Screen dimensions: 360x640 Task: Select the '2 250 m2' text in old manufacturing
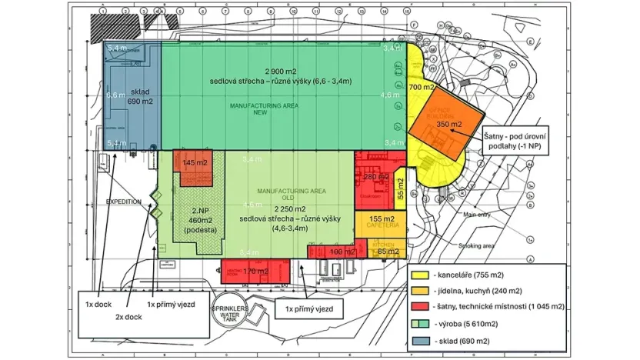click(x=276, y=208)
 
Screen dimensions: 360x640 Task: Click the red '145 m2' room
click(x=193, y=162)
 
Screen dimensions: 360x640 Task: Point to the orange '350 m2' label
click(x=448, y=124)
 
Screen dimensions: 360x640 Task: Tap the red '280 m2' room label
click(x=375, y=177)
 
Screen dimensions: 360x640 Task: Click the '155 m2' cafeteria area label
click(x=380, y=219)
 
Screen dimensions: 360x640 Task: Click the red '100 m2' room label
click(x=337, y=252)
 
